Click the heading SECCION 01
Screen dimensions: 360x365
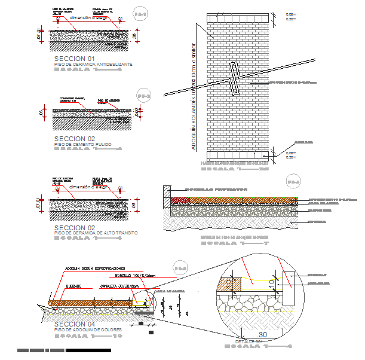coord(75,59)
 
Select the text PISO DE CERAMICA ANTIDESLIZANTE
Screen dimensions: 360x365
coord(93,64)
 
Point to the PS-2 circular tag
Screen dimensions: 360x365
coord(144,96)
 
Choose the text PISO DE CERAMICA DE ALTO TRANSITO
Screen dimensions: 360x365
coord(96,233)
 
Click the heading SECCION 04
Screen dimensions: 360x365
coord(75,324)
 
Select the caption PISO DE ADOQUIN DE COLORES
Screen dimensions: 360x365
coord(87,330)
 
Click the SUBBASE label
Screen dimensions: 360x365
coord(73,286)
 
